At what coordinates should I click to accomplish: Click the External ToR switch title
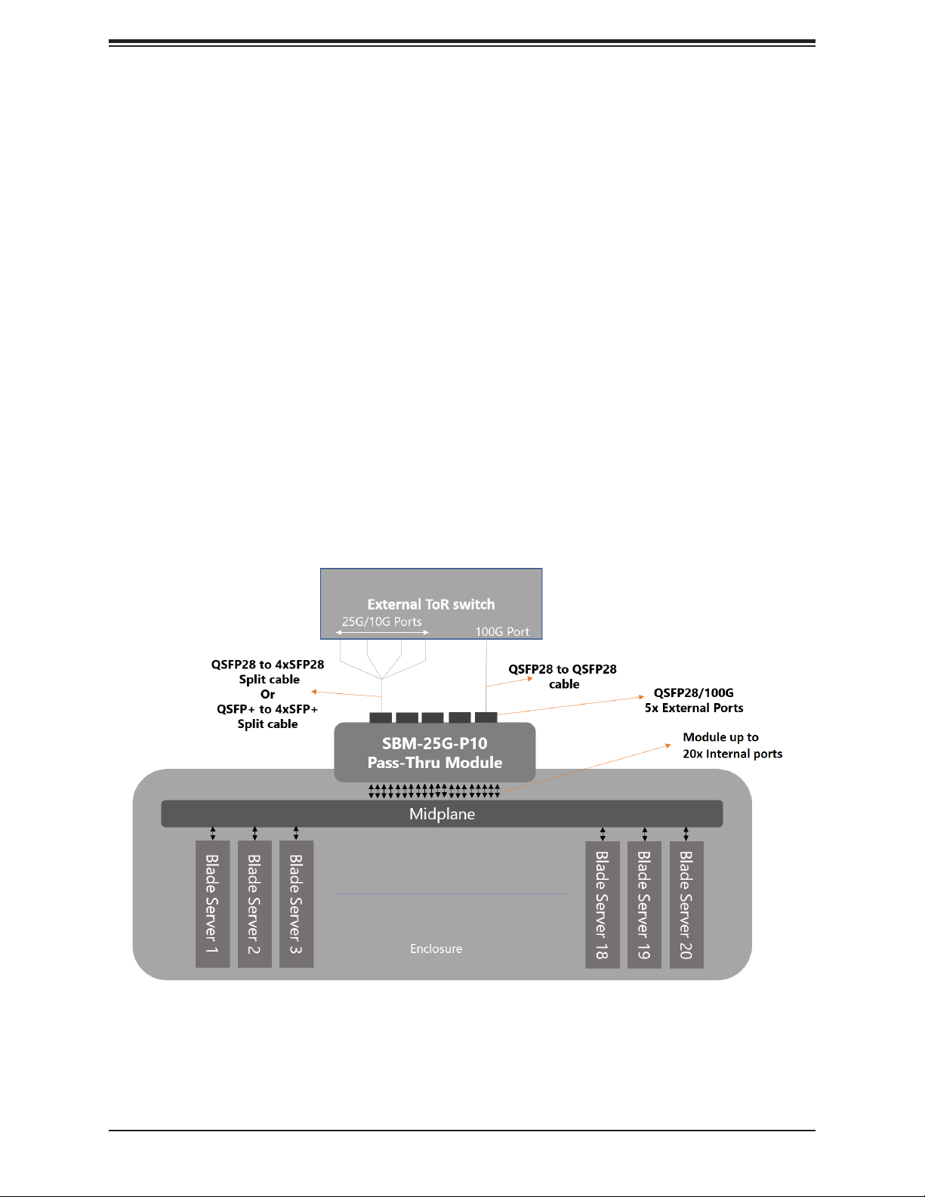pyautogui.click(x=431, y=604)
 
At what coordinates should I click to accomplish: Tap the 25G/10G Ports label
pyautogui.click(x=382, y=622)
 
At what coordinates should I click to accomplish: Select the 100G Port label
pyautogui.click(x=502, y=631)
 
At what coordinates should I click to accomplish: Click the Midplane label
pyautogui.click(x=442, y=814)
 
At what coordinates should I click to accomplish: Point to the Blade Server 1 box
pyautogui.click(x=212, y=904)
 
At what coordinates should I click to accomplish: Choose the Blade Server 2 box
pyautogui.click(x=254, y=904)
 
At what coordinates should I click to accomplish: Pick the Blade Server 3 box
pyautogui.click(x=296, y=904)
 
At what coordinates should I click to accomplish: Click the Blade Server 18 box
pyautogui.click(x=602, y=904)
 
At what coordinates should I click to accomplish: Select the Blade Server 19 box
pyautogui.click(x=644, y=904)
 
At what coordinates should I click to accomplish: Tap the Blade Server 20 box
pyautogui.click(x=686, y=904)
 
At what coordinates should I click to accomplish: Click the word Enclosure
pyautogui.click(x=436, y=949)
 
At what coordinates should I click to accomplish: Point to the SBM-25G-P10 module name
pyautogui.click(x=434, y=743)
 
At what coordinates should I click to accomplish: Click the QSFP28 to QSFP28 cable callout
pyautogui.click(x=563, y=677)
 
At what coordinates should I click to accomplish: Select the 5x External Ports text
pyautogui.click(x=694, y=708)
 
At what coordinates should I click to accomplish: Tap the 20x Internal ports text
pyautogui.click(x=732, y=754)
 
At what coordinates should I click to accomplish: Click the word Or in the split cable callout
pyautogui.click(x=267, y=694)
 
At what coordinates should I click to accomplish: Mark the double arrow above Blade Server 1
pyautogui.click(x=213, y=833)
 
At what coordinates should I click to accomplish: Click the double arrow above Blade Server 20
pyautogui.click(x=686, y=833)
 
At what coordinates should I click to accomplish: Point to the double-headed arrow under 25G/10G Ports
pyautogui.click(x=382, y=632)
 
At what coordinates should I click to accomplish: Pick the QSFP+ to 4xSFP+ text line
pyautogui.click(x=267, y=709)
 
